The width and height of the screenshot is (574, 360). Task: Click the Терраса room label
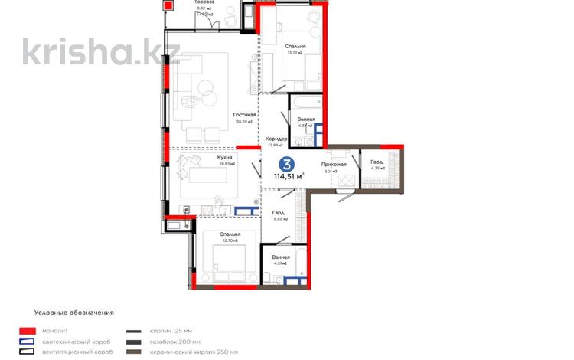[204, 3]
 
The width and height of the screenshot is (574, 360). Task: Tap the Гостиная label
[245, 115]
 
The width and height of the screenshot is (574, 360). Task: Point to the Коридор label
[276, 139]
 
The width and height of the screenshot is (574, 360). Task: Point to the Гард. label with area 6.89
[279, 212]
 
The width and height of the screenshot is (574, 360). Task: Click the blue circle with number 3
[287, 163]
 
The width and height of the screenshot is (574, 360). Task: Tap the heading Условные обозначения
[74, 313]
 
